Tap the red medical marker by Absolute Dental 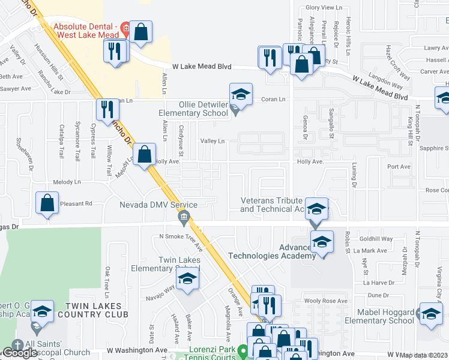[x=125, y=27]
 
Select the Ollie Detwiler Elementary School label [x=193, y=108]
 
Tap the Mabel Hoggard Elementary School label [x=386, y=316]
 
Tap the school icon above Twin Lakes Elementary [x=188, y=278]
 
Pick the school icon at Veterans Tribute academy [x=317, y=209]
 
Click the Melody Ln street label [x=67, y=182]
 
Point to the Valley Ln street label [x=212, y=141]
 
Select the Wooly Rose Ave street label [x=326, y=301]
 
